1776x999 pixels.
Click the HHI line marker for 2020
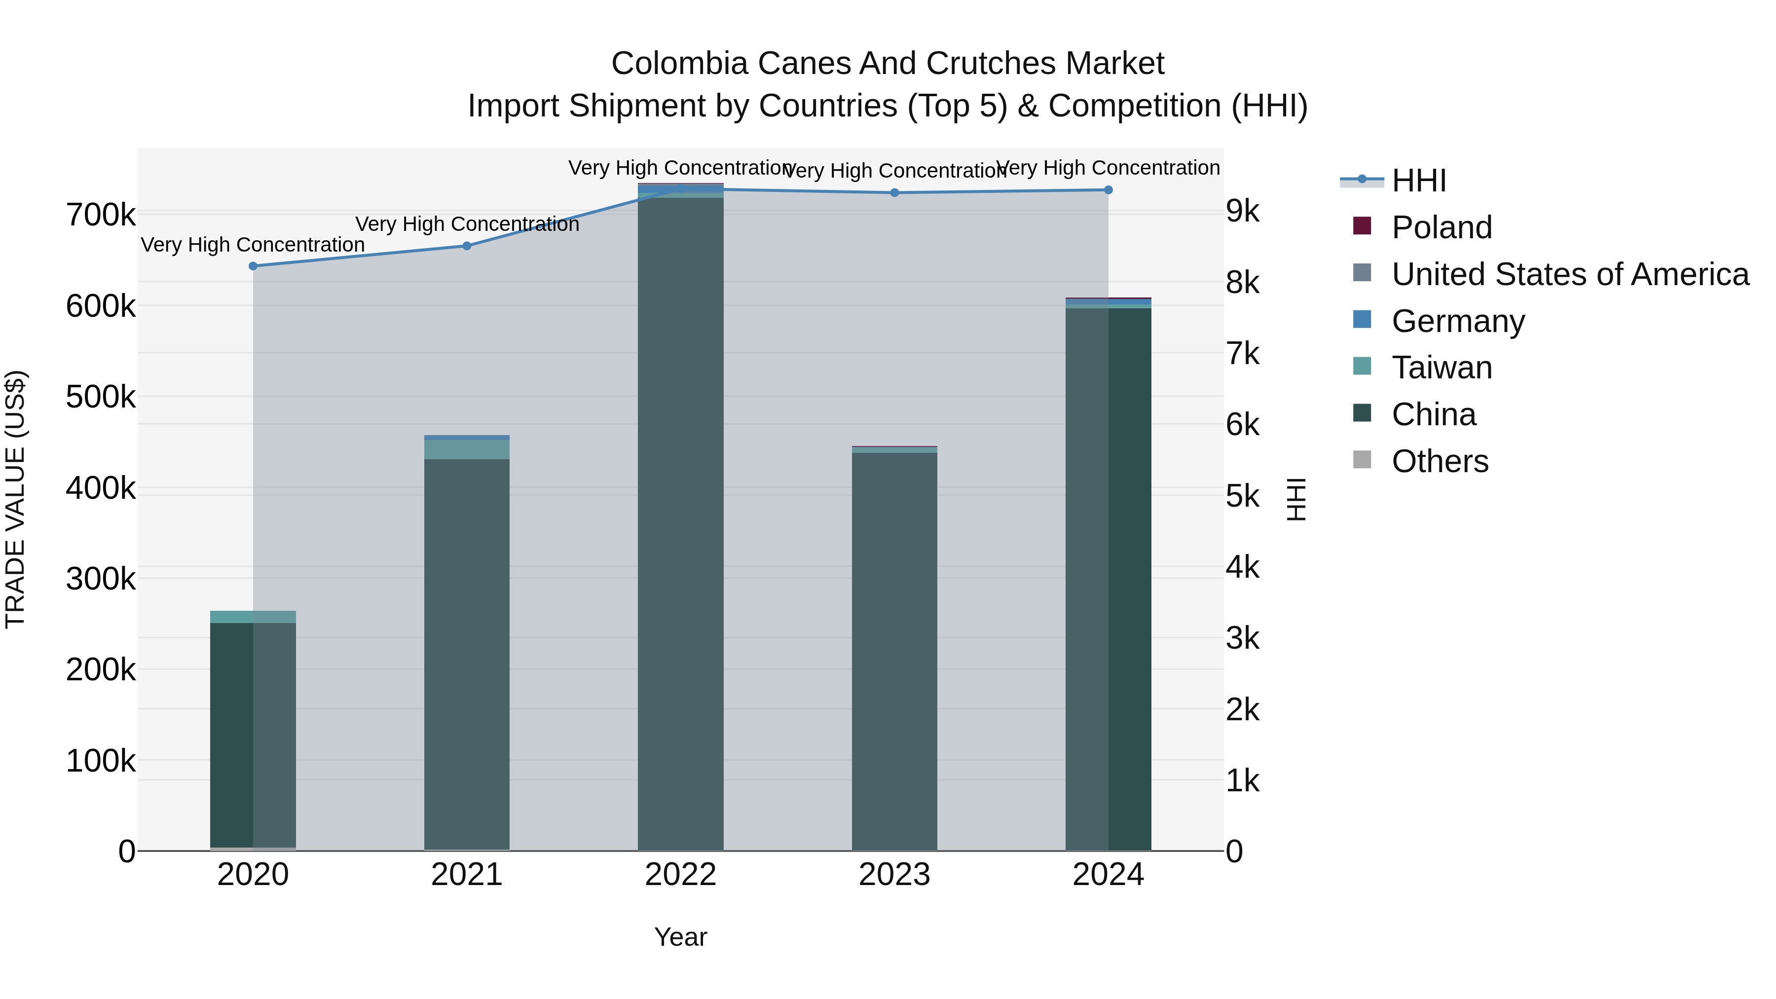point(253,266)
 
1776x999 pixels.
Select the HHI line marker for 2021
point(467,246)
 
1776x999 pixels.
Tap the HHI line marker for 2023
point(894,193)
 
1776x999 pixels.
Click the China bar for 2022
point(680,524)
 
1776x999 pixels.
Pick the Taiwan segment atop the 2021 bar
point(467,449)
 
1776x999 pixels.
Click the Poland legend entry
point(1441,227)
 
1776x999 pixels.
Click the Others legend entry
point(1440,461)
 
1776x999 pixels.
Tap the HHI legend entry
point(1418,181)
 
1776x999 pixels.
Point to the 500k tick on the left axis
point(101,397)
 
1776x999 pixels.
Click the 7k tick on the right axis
point(1242,354)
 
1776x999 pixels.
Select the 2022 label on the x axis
point(680,875)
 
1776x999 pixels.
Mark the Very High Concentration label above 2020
point(253,245)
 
